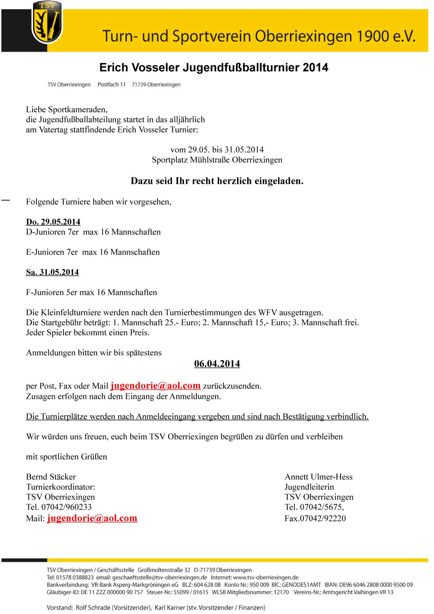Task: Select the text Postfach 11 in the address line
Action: (112, 85)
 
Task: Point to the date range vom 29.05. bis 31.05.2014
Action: (217, 149)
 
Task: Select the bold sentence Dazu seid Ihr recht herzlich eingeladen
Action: (217, 181)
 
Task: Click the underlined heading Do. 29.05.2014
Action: (53, 222)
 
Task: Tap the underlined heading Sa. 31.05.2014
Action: (53, 272)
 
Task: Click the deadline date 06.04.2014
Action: (217, 364)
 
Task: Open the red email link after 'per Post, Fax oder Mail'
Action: (156, 386)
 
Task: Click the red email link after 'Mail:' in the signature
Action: (92, 518)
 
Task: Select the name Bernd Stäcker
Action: (51, 477)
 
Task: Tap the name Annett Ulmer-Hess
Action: (318, 477)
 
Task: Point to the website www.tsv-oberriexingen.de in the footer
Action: (266, 577)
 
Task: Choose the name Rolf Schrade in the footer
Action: (93, 607)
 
